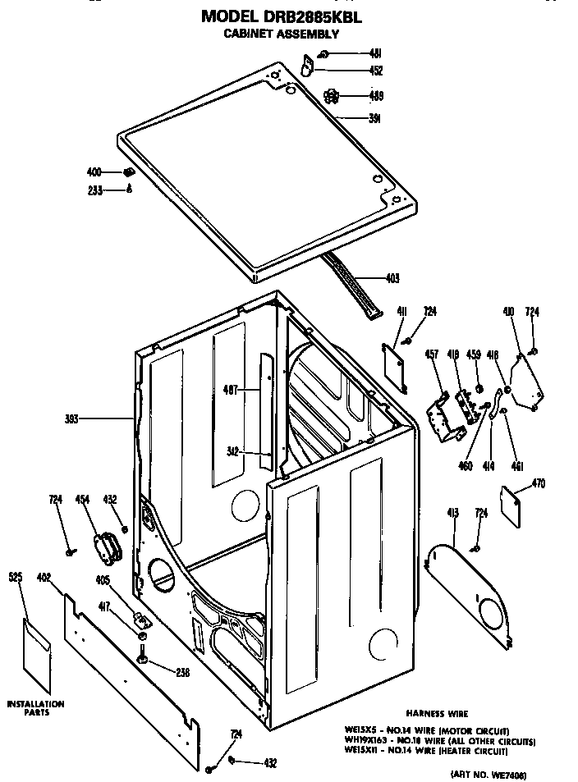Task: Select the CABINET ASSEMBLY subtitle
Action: [282, 34]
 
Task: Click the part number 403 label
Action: [392, 278]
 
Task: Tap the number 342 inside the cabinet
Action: [235, 450]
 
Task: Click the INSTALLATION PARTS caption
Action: [35, 708]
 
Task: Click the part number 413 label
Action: [452, 513]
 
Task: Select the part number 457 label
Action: [432, 355]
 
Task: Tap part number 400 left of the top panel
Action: [94, 172]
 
